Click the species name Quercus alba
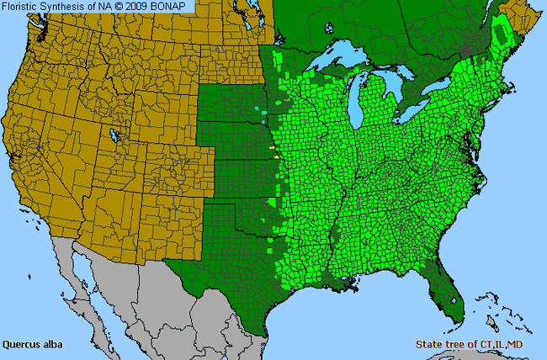32,344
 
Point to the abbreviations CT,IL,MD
510,344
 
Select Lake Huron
398,84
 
